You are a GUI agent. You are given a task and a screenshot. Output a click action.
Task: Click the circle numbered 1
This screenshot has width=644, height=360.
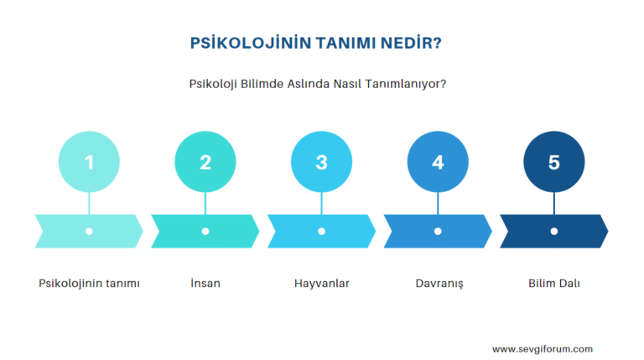click(89, 162)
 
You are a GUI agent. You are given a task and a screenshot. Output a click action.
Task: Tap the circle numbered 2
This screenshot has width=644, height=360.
click(205, 162)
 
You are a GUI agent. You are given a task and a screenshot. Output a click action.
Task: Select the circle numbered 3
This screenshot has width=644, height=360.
click(321, 162)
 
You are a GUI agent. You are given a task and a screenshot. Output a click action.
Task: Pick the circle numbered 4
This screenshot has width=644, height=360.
click(438, 162)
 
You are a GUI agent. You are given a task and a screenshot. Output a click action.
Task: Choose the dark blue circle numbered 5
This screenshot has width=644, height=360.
click(553, 162)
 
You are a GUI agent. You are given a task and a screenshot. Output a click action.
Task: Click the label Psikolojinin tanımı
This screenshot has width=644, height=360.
click(89, 284)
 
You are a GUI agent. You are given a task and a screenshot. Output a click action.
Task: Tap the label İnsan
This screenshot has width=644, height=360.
click(205, 284)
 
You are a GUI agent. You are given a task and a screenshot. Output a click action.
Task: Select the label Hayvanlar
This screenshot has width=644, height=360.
click(322, 284)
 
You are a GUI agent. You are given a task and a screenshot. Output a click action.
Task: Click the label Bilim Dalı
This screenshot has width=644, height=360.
click(553, 284)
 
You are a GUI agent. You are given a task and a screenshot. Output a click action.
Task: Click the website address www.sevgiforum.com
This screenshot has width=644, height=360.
click(543, 349)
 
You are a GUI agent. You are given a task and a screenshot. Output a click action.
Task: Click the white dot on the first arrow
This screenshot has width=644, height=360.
click(89, 231)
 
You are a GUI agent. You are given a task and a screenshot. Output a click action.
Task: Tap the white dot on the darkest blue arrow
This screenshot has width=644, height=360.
click(553, 231)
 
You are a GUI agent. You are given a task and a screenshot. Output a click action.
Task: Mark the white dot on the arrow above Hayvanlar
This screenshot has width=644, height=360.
click(321, 231)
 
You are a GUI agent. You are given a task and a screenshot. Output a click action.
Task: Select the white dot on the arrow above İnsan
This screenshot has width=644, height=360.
click(205, 231)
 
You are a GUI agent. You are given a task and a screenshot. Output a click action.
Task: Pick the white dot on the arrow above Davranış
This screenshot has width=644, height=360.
click(438, 231)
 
